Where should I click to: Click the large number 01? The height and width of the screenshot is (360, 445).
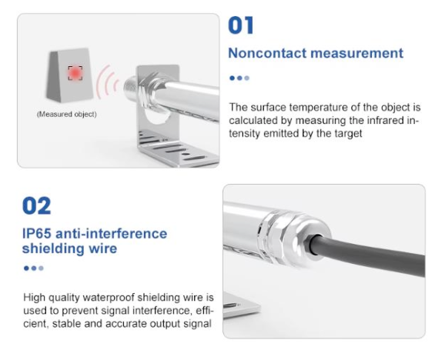[x=241, y=25]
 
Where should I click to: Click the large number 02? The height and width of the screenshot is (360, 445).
[x=37, y=205]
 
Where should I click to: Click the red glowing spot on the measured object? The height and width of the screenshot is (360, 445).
[x=75, y=73]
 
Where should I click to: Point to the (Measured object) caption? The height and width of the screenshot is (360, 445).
[x=67, y=115]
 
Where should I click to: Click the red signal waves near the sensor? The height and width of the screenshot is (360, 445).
[x=108, y=82]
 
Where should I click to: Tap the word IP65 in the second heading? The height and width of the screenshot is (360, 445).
[x=37, y=234]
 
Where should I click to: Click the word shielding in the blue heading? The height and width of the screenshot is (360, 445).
[x=53, y=248]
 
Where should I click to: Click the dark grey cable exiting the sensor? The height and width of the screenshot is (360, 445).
[x=369, y=253]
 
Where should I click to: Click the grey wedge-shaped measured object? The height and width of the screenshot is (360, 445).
[x=69, y=75]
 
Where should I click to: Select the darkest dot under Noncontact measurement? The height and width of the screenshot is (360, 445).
[x=233, y=78]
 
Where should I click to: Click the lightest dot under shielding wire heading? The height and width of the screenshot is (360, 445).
[x=41, y=268]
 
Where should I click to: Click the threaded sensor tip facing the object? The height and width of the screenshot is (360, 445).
[x=131, y=87]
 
